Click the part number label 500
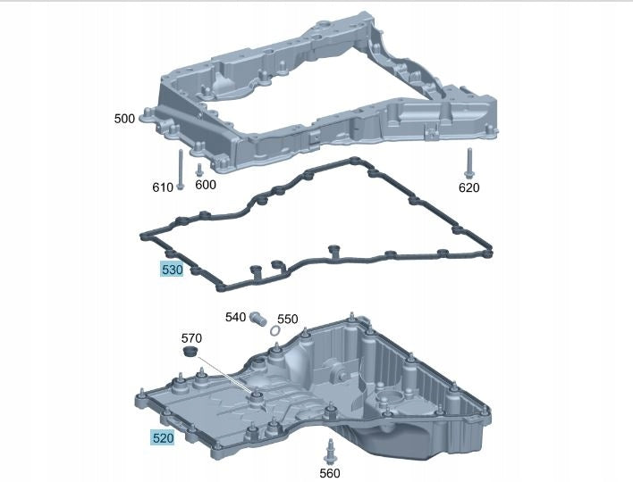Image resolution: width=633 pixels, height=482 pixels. (x=124, y=119)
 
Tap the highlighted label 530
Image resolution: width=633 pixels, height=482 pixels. (x=172, y=270)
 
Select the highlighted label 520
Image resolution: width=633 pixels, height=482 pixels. (x=163, y=437)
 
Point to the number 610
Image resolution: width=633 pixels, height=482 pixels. (x=163, y=187)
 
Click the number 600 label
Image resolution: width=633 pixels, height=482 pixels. (x=206, y=185)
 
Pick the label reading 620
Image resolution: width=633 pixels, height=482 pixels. (x=469, y=187)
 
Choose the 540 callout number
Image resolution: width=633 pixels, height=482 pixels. (x=235, y=317)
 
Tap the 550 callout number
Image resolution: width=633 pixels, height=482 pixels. (x=287, y=320)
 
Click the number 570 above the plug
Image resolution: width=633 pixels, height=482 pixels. (x=191, y=337)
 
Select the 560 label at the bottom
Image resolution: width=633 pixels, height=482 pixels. (x=330, y=473)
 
